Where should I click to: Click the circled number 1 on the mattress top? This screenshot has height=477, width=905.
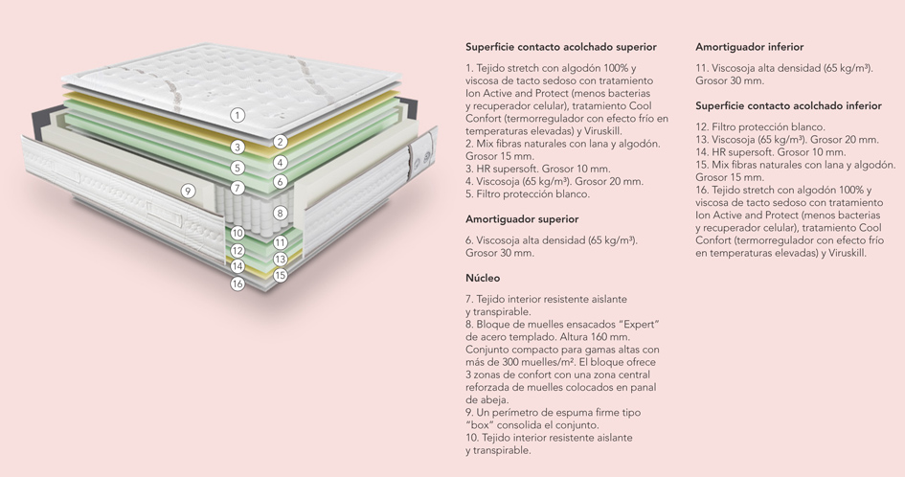(x=238, y=115)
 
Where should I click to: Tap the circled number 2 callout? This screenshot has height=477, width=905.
(x=281, y=142)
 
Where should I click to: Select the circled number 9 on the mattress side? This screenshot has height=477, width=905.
(x=188, y=191)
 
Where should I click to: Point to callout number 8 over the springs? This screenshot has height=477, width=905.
(x=280, y=213)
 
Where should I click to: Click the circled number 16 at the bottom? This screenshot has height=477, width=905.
(x=238, y=284)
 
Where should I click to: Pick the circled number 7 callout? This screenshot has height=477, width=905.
(x=238, y=188)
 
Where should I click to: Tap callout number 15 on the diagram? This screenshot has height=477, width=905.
(x=281, y=275)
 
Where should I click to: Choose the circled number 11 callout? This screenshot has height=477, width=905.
(x=281, y=242)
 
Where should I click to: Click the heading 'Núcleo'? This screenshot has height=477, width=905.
(x=483, y=278)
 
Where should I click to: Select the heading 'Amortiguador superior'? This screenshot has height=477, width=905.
(x=522, y=219)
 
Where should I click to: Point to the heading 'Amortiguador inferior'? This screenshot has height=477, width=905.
(x=749, y=47)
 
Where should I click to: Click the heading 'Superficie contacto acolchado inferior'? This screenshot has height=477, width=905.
(x=788, y=105)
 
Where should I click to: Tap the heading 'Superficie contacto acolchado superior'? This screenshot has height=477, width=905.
(x=561, y=47)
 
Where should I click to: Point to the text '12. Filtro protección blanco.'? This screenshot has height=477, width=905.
(x=760, y=127)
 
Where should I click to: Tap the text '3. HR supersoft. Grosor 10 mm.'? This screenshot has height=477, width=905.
(x=538, y=169)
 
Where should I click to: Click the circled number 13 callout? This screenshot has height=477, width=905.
(x=281, y=259)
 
